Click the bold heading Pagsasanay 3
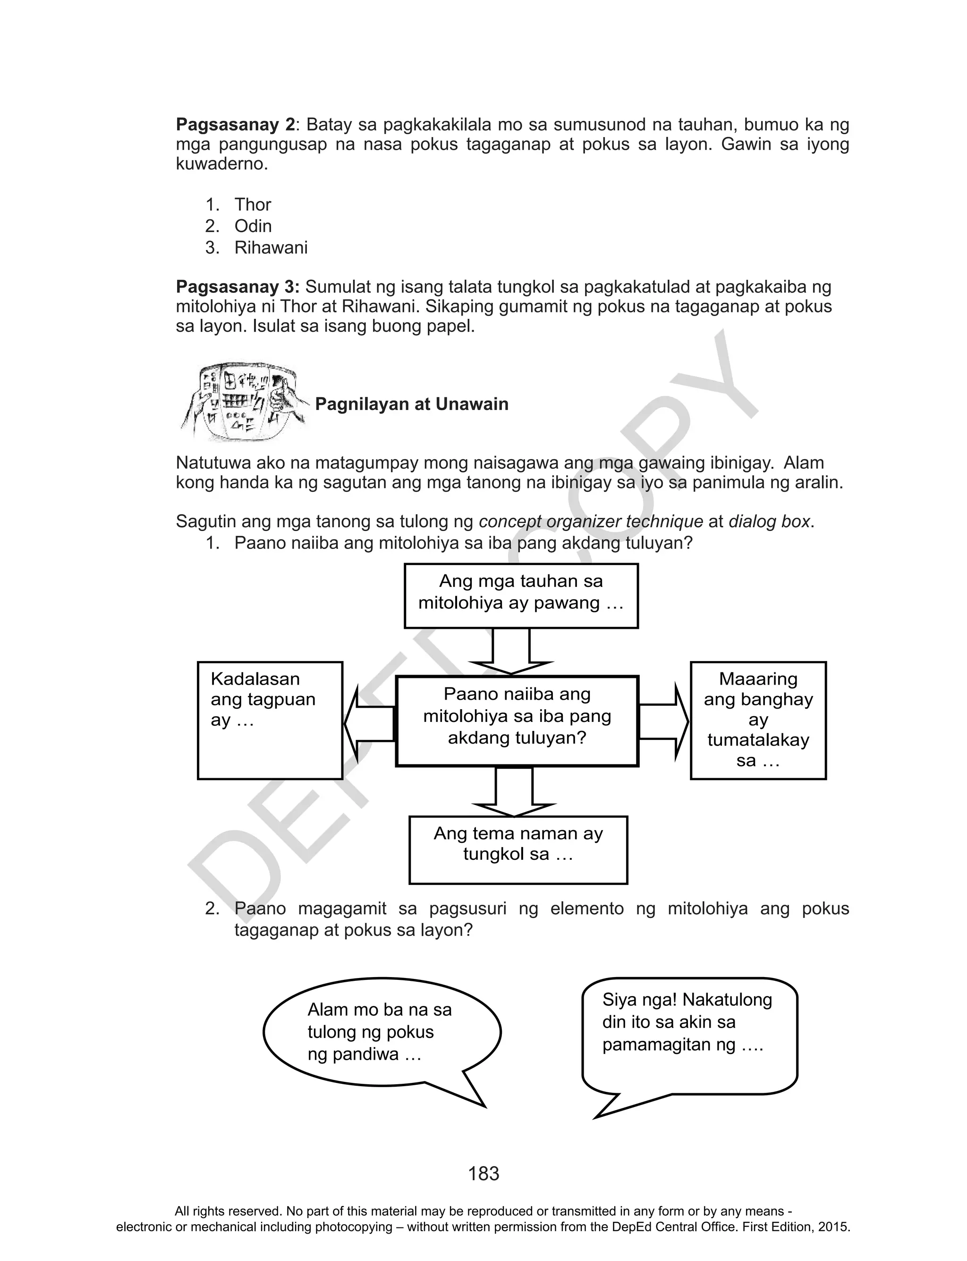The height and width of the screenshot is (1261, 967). point(237,287)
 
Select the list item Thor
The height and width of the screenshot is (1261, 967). point(252,205)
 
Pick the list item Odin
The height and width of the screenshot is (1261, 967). point(253,226)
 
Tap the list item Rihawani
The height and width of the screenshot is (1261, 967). point(271,248)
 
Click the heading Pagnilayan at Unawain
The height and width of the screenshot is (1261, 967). point(412,404)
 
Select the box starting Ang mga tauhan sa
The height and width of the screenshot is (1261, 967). point(521,595)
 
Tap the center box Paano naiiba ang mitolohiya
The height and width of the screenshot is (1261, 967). point(517,721)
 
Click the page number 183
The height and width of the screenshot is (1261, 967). point(483,1173)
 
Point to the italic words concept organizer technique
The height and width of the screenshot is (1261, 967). point(591,522)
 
